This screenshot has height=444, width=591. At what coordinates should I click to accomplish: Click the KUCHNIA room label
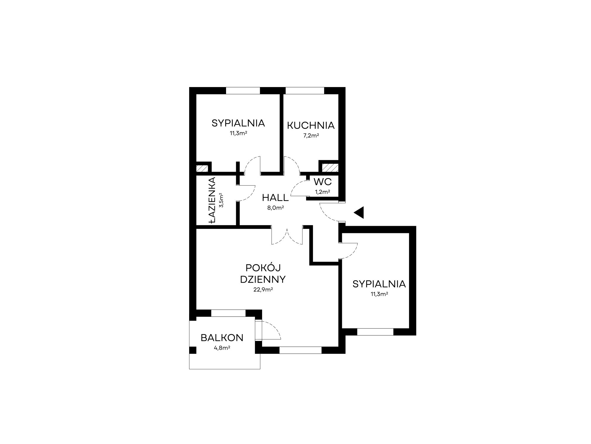[311, 126]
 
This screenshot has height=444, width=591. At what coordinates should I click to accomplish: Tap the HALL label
[275, 197]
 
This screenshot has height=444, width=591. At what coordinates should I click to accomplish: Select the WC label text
[323, 181]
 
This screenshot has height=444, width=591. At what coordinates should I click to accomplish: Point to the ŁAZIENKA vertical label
[212, 200]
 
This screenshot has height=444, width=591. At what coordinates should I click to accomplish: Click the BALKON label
[222, 338]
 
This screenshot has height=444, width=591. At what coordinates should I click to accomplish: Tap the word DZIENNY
[263, 279]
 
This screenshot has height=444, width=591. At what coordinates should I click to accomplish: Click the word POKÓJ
[263, 268]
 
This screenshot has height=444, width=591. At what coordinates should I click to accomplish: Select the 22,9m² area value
[263, 290]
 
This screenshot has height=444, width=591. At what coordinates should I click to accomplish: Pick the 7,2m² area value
[311, 136]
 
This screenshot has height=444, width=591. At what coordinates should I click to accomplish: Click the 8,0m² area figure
[275, 208]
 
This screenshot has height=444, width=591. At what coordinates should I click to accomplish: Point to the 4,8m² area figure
[222, 348]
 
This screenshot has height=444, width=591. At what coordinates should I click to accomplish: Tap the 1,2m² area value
[322, 192]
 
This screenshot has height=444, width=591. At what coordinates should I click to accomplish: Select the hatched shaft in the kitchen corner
[330, 168]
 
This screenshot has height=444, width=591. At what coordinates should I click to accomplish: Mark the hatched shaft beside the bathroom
[202, 168]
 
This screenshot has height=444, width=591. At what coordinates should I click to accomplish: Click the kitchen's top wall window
[305, 91]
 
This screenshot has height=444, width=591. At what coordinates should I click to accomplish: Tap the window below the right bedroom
[375, 332]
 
